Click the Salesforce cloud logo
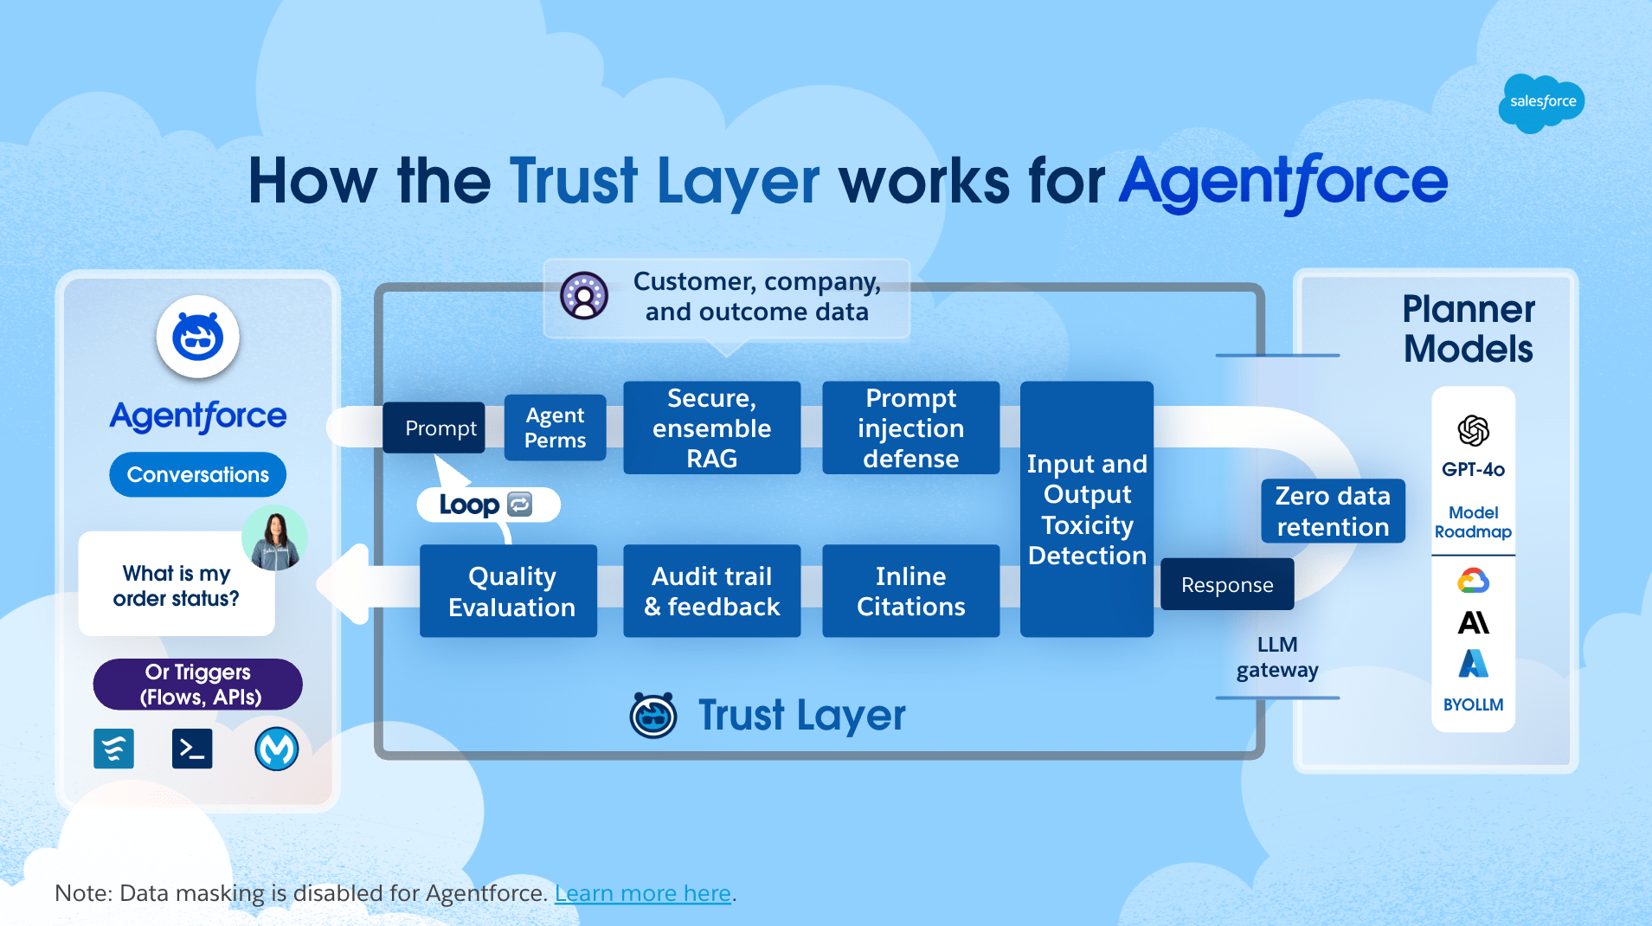point(1541,102)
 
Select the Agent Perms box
point(555,428)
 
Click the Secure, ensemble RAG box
point(711,428)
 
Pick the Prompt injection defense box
point(910,428)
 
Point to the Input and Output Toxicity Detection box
point(1087,509)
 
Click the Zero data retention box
point(1332,511)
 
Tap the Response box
point(1226,584)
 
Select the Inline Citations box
point(910,591)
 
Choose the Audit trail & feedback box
point(711,591)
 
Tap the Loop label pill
point(487,505)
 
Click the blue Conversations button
point(197,474)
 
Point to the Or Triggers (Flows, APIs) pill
point(198,684)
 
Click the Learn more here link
point(643,893)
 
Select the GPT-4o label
point(1473,470)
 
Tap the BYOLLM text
point(1473,704)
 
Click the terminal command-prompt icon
point(192,749)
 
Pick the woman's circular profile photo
point(274,538)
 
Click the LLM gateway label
point(1277,657)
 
